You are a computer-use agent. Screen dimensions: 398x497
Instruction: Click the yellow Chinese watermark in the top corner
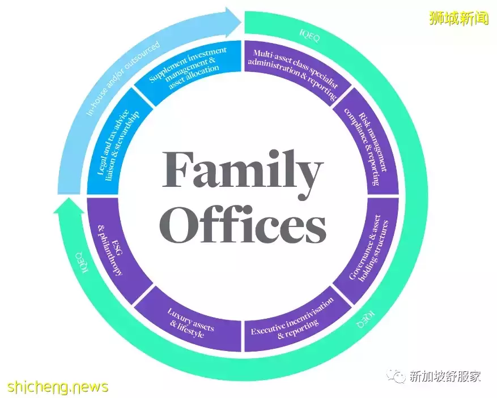tap(457, 18)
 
